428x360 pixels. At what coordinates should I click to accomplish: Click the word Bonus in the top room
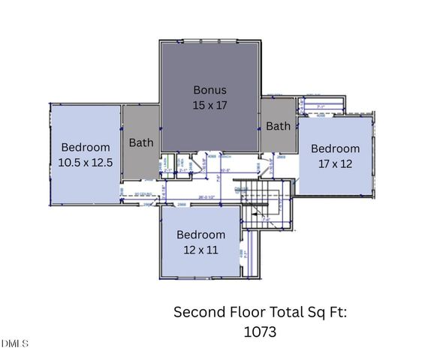pyautogui.click(x=209, y=90)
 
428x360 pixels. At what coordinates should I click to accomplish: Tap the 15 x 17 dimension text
pyautogui.click(x=209, y=105)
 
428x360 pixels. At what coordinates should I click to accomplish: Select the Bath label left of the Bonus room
pyautogui.click(x=141, y=142)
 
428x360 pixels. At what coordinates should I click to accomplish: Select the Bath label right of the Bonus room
pyautogui.click(x=278, y=126)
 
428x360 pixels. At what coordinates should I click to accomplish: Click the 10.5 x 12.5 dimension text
pyautogui.click(x=86, y=161)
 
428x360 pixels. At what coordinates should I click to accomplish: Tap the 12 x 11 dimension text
pyautogui.click(x=200, y=249)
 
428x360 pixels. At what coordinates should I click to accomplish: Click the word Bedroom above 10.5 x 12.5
pyautogui.click(x=86, y=147)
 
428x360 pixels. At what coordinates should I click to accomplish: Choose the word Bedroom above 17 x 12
pyautogui.click(x=335, y=148)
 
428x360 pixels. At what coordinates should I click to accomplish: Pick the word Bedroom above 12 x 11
pyautogui.click(x=200, y=235)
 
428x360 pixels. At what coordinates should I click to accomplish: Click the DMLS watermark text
pyautogui.click(x=15, y=343)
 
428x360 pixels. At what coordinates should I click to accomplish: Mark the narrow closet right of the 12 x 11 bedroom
pyautogui.click(x=254, y=255)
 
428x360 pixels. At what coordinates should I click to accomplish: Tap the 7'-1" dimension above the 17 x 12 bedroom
pyautogui.click(x=321, y=107)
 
